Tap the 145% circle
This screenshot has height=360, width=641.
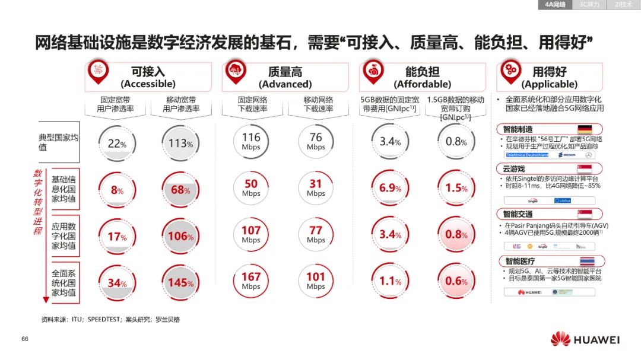click(x=181, y=282)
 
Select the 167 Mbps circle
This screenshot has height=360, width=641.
click(x=251, y=281)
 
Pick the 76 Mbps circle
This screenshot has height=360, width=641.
click(x=316, y=142)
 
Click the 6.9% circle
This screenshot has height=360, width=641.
click(x=390, y=189)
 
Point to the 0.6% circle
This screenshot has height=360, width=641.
click(x=456, y=282)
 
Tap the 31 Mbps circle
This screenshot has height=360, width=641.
click(x=316, y=189)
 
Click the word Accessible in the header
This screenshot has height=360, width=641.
click(x=148, y=84)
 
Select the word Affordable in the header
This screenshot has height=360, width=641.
click(x=422, y=84)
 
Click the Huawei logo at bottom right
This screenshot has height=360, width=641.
click(x=585, y=340)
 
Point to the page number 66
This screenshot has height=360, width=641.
click(x=25, y=339)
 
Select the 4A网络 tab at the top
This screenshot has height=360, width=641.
click(x=555, y=5)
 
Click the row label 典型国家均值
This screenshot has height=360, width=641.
click(x=59, y=142)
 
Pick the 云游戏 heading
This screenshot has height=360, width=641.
click(x=514, y=169)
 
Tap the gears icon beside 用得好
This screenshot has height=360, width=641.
click(x=510, y=71)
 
